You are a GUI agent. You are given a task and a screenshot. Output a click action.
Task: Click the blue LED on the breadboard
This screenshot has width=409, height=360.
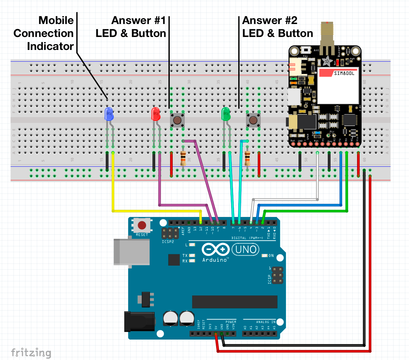[109, 114]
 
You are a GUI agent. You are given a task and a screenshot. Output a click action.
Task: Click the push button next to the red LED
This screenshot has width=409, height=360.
[177, 120]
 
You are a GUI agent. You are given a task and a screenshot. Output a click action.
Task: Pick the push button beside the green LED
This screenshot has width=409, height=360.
[253, 120]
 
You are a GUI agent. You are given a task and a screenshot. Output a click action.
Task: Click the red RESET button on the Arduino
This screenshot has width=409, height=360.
[142, 225]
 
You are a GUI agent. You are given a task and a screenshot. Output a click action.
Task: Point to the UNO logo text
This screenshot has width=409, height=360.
[245, 249]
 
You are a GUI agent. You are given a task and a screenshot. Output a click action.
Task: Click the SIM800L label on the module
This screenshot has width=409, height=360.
[344, 73]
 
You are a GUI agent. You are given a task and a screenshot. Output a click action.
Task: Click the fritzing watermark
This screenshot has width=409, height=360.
[31, 353]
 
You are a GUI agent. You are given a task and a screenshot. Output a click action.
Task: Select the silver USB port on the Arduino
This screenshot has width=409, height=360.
[131, 252]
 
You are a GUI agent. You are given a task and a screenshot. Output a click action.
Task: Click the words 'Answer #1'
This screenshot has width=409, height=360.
[139, 20]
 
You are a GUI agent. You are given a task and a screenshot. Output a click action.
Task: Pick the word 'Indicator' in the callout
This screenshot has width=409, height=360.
[50, 46]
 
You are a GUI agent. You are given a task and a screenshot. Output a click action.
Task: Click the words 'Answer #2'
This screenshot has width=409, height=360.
[270, 20]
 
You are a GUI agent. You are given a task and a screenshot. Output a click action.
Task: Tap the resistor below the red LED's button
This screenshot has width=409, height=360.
[183, 158]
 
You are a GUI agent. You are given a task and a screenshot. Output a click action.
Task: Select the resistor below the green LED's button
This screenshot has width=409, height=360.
[247, 158]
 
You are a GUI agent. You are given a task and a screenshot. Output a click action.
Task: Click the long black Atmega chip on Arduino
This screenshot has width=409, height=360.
[235, 302]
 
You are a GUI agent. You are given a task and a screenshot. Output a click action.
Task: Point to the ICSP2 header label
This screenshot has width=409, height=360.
[168, 242]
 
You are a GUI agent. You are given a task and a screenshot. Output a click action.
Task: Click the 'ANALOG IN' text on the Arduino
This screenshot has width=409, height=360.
[266, 322]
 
